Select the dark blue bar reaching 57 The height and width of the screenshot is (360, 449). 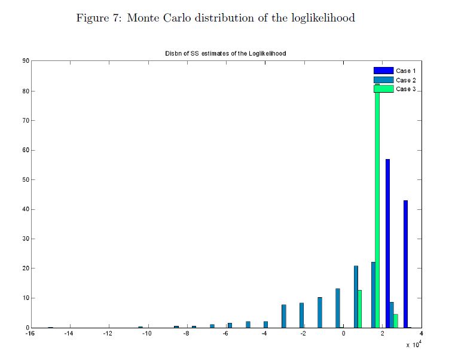pos(388,245)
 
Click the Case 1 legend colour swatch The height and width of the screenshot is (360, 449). pos(384,71)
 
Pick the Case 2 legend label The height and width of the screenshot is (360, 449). pos(406,80)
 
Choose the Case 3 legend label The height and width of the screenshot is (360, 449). pos(406,89)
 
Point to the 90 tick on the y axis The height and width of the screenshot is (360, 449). pos(26,61)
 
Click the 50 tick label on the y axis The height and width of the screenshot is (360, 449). pos(26,179)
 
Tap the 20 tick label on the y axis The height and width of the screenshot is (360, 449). pos(26,269)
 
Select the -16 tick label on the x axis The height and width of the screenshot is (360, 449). pos(30,334)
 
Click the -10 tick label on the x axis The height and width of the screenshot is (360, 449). pos(146,334)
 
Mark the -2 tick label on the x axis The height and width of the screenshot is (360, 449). pos(303,334)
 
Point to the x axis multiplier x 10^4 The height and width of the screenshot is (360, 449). pos(413,344)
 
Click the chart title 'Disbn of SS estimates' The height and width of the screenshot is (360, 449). pos(225,53)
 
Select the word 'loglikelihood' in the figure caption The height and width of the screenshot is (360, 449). pos(323,18)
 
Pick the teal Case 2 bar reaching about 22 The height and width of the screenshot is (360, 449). pos(373,295)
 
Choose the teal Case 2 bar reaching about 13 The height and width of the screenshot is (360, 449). pos(338,309)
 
